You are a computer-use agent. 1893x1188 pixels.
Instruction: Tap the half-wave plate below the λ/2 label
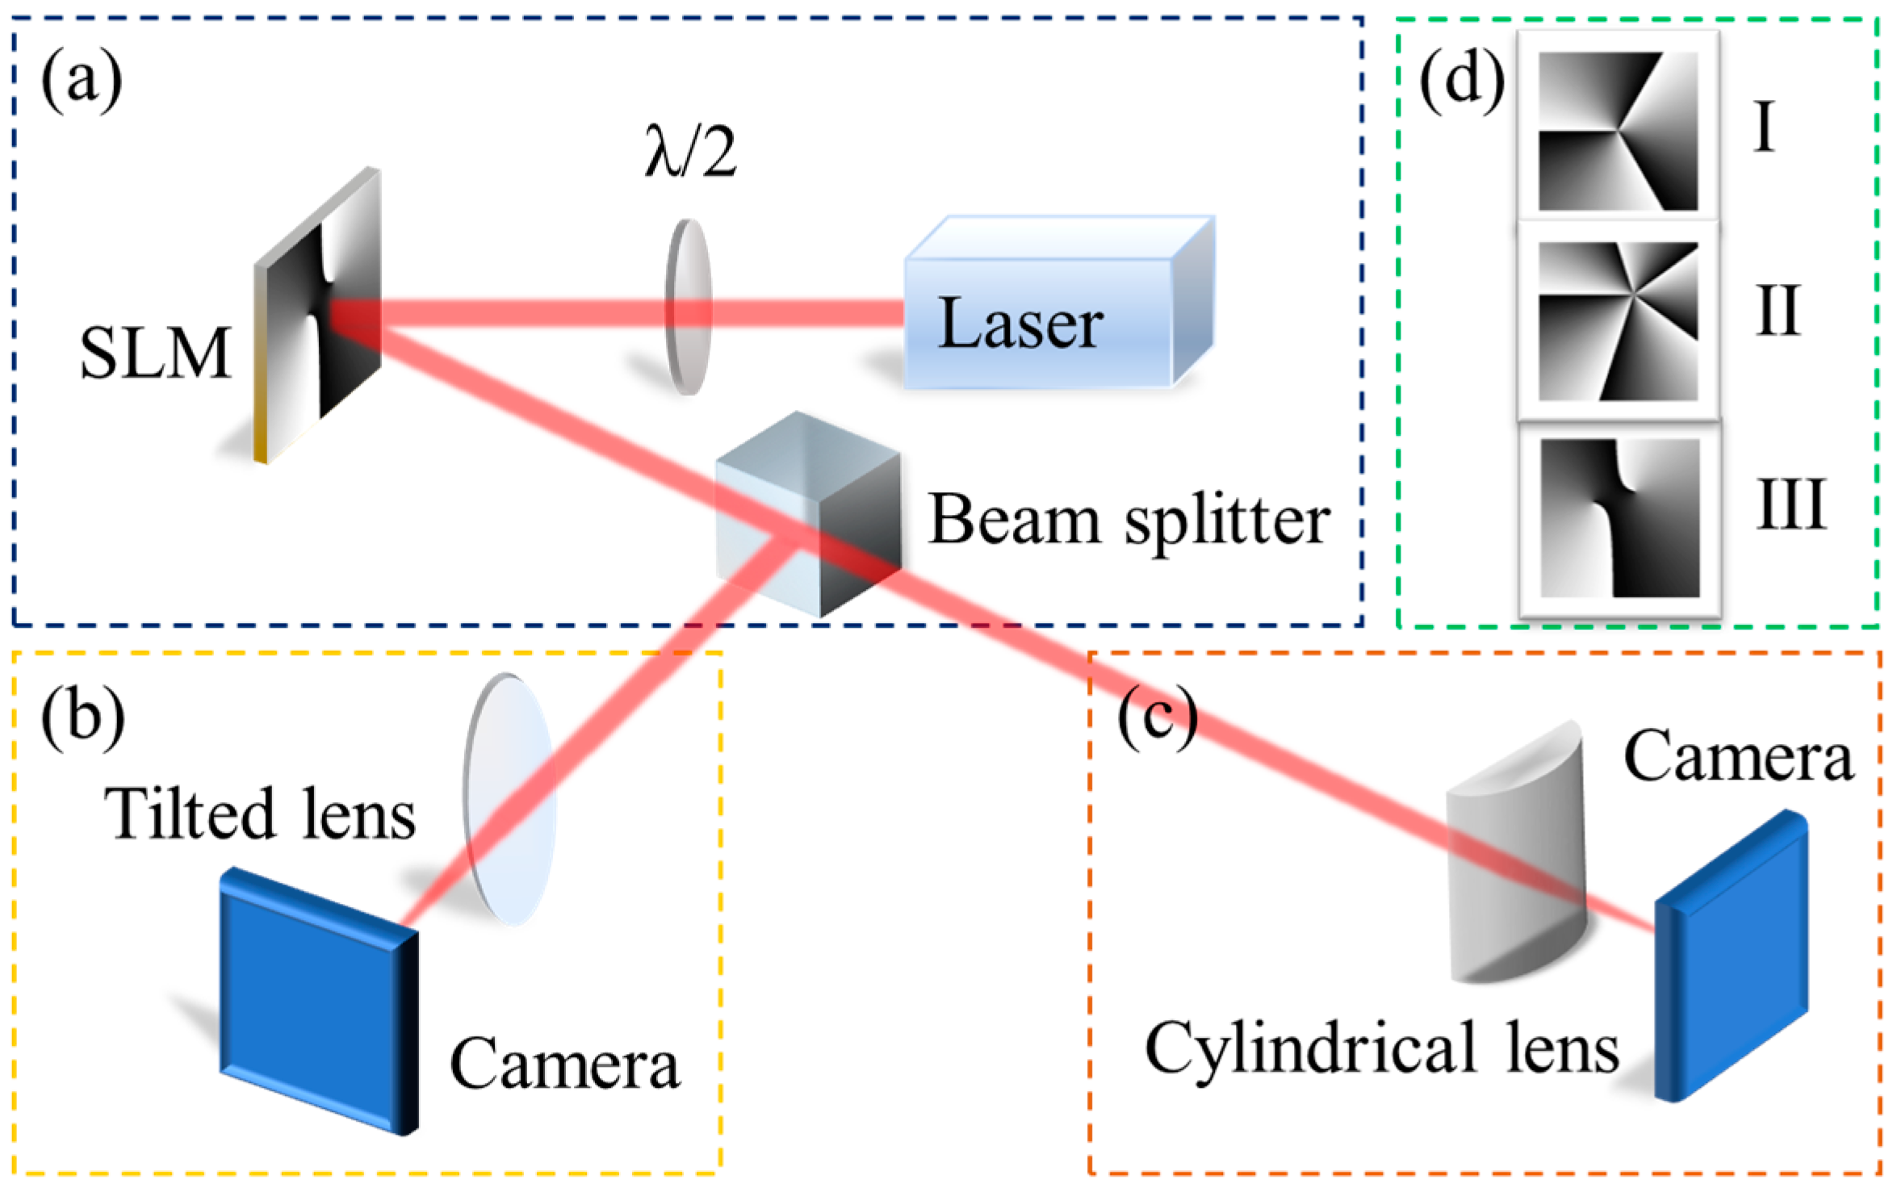(x=688, y=307)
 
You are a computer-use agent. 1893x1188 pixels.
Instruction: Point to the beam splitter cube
(x=807, y=517)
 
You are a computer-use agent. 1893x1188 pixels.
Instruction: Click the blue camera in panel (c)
(x=1728, y=956)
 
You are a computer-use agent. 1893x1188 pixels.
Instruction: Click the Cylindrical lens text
(x=1380, y=1049)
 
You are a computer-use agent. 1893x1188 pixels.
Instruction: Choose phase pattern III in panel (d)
(x=1619, y=517)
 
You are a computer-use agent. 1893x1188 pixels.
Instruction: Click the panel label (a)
(x=82, y=81)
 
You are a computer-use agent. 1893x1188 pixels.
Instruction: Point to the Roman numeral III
(x=1790, y=505)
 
